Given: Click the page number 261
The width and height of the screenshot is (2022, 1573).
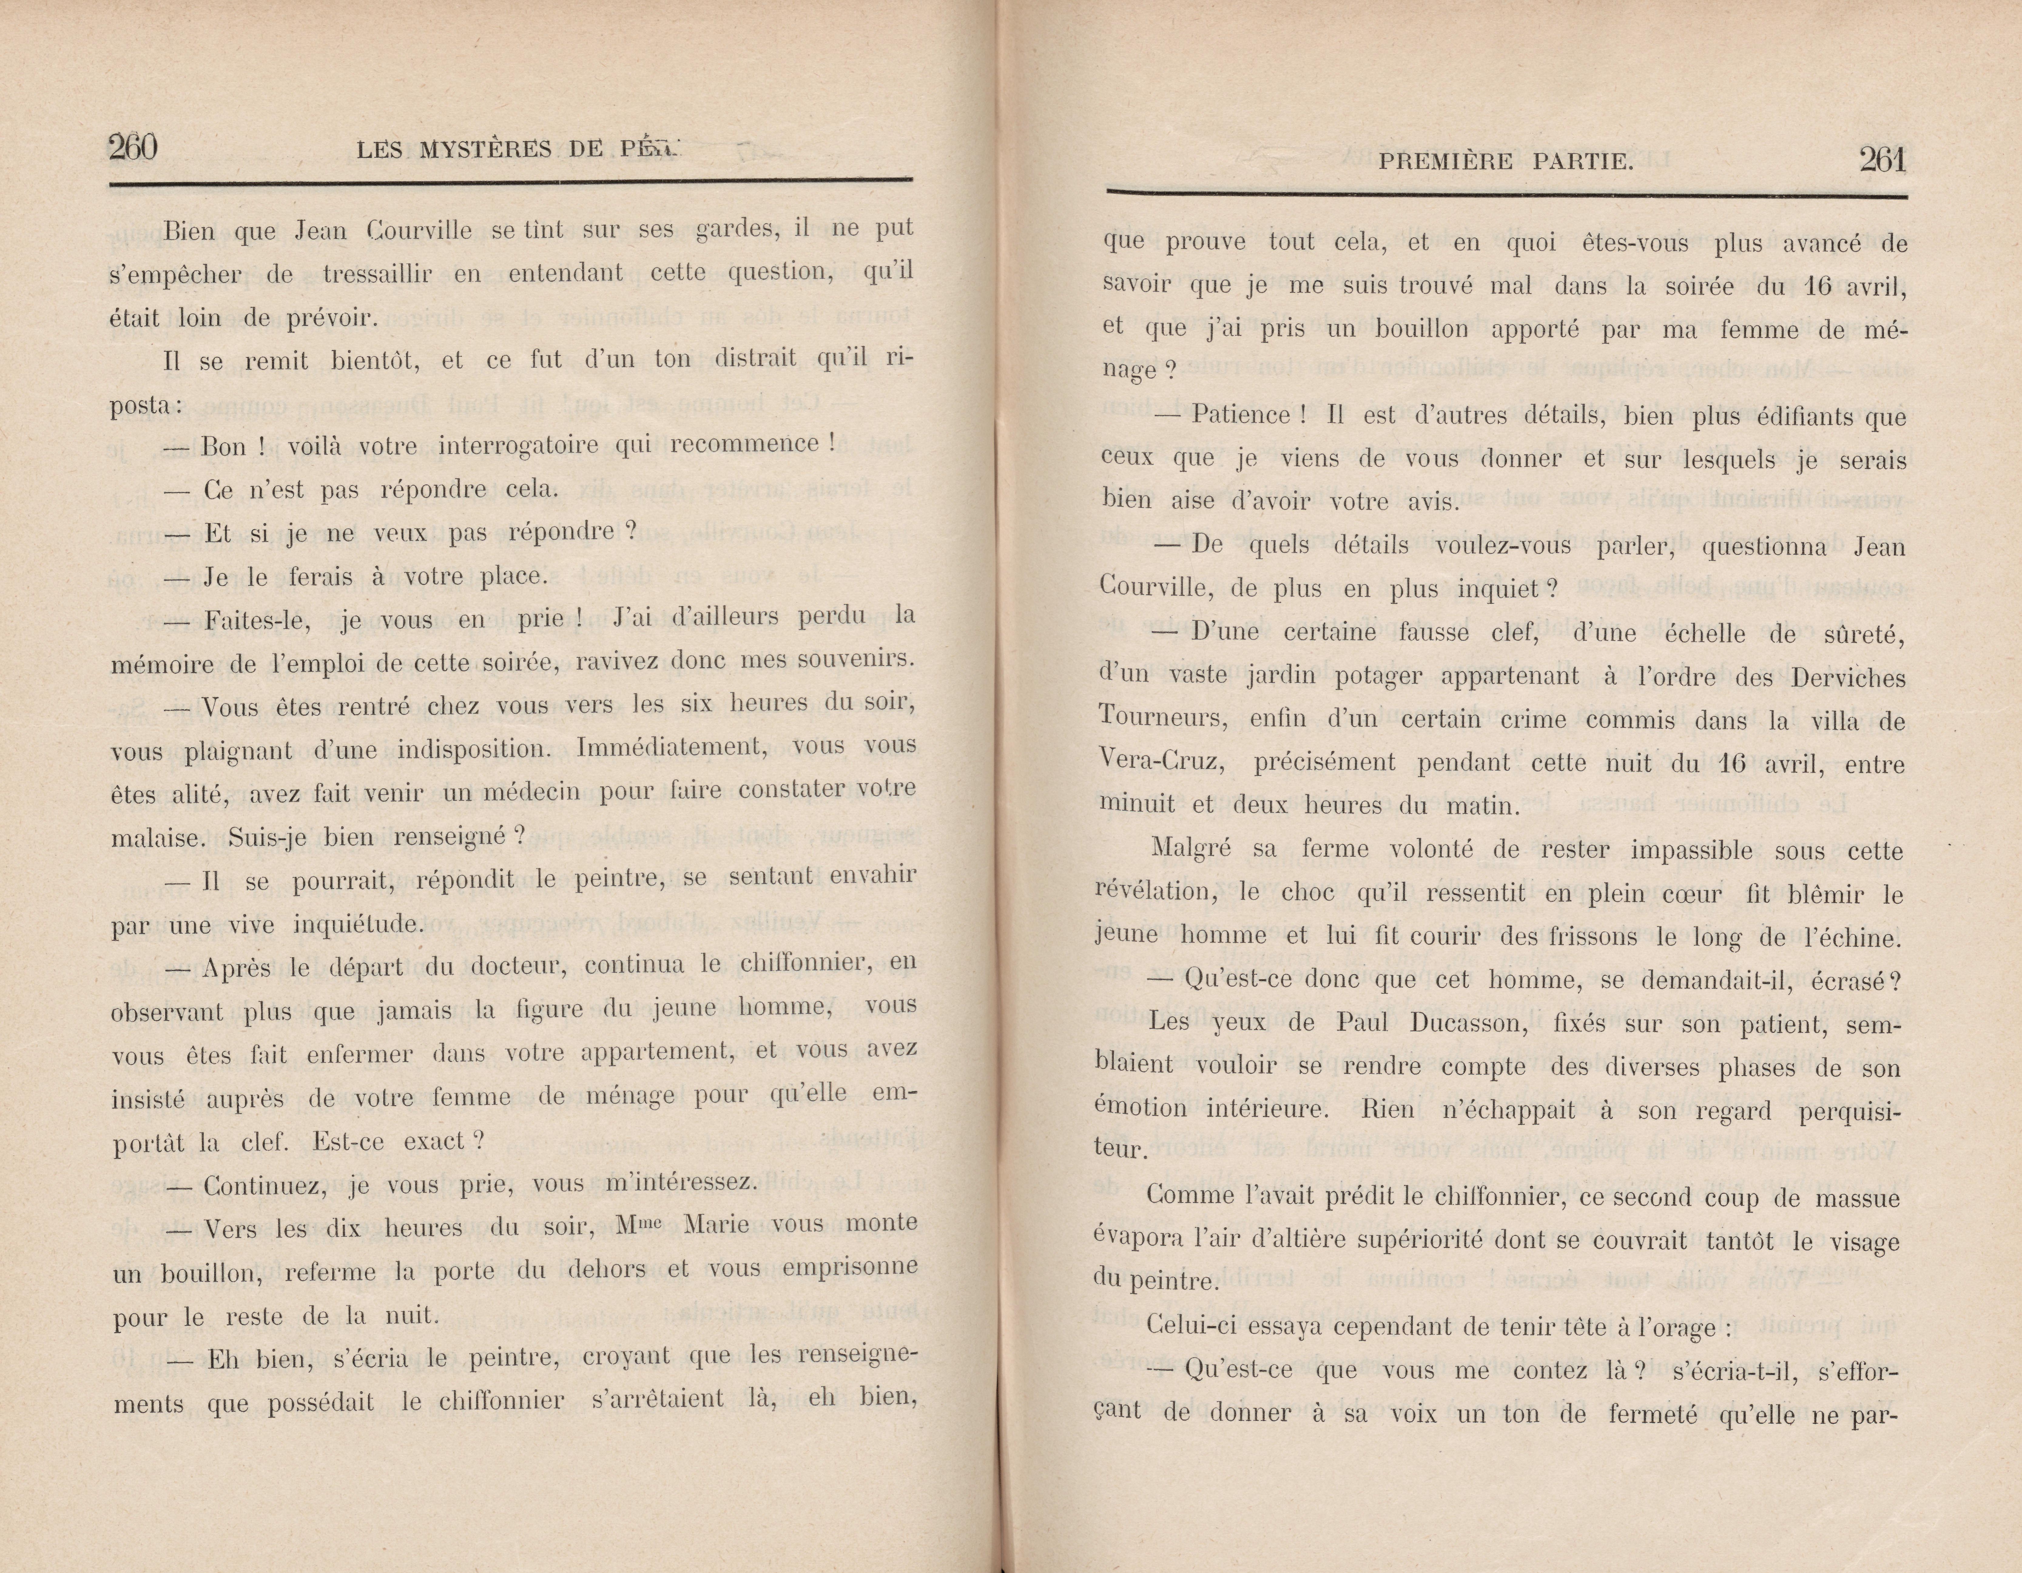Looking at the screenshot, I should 1882,160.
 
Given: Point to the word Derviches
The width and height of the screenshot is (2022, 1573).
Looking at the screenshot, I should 1847,678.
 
